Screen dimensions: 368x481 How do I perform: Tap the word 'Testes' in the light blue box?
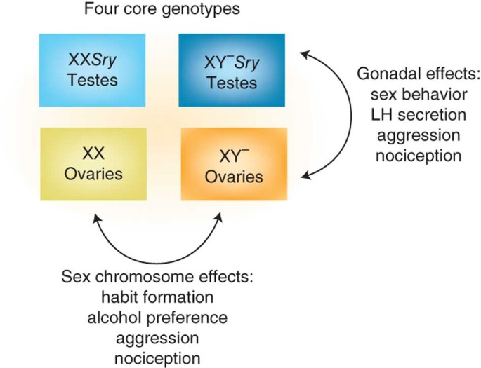point(93,79)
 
